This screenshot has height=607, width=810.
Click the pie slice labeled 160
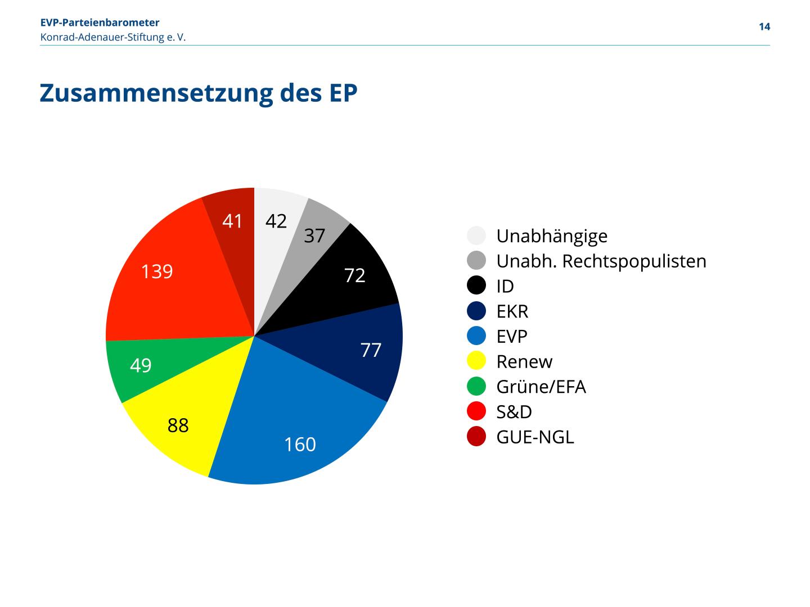pos(300,427)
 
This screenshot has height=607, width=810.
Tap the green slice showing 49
pos(141,365)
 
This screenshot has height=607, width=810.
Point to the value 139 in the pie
pos(157,272)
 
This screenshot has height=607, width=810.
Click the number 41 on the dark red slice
pos(232,221)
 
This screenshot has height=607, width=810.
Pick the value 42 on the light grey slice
pos(276,221)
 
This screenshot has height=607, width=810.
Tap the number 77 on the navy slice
pos(371,350)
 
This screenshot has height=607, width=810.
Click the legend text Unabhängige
pos(552,236)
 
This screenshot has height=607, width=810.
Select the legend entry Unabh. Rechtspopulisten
pos(601,261)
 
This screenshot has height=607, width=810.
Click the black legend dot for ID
pos(476,286)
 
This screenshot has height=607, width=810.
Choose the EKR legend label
pos(512,311)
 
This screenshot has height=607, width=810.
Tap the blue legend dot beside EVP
pos(476,336)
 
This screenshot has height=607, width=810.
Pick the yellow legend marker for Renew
pos(476,361)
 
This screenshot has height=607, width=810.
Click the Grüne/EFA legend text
pos(541,387)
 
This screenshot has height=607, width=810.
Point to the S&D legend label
pos(514,412)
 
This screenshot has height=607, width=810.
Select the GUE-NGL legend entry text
pos(535,437)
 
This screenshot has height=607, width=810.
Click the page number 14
pos(764,27)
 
